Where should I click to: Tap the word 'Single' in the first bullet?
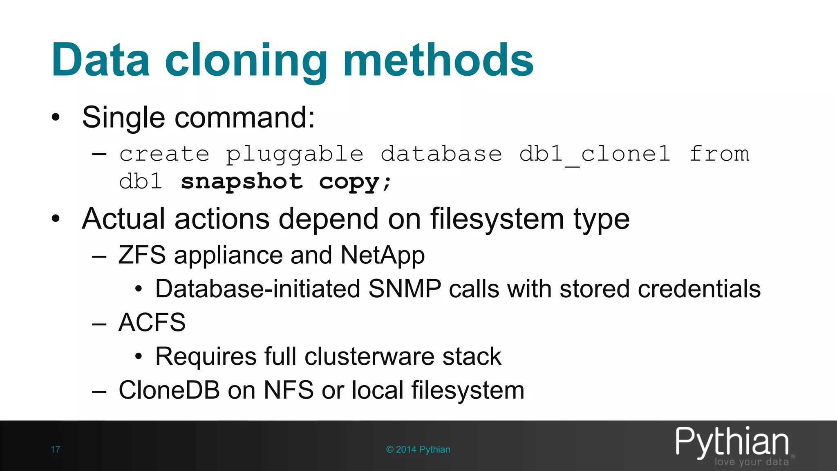[123, 118]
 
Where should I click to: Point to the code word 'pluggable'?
[295, 155]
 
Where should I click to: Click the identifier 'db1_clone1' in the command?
[595, 155]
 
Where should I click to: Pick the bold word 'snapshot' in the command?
[242, 181]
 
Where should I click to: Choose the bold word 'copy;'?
[355, 182]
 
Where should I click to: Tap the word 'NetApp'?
[383, 256]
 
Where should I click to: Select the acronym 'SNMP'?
[405, 289]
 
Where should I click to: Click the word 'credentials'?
[699, 289]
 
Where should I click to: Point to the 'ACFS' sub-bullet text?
[152, 323]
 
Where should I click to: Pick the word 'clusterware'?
[369, 357]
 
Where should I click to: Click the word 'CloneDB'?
[169, 390]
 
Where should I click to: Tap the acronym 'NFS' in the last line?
[289, 390]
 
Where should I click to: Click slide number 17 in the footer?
[55, 449]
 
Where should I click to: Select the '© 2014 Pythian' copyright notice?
[418, 449]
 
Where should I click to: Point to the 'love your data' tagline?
[751, 462]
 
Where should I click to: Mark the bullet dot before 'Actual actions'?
[56, 219]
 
